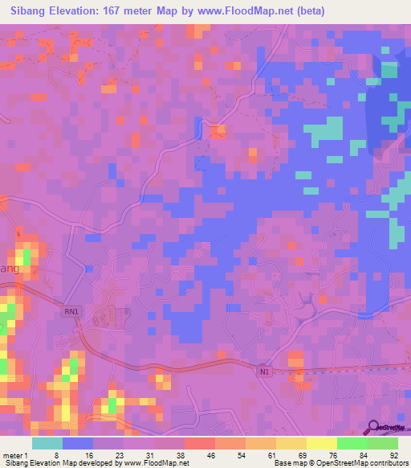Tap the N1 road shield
[x=264, y=371]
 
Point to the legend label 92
[x=393, y=454]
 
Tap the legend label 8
[x=56, y=454]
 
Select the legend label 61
[x=273, y=454]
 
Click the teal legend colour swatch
[x=47, y=443]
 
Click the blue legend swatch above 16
[x=77, y=443]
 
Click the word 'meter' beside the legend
[x=13, y=454]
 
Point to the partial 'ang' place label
[x=7, y=270]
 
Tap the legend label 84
[x=364, y=454]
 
